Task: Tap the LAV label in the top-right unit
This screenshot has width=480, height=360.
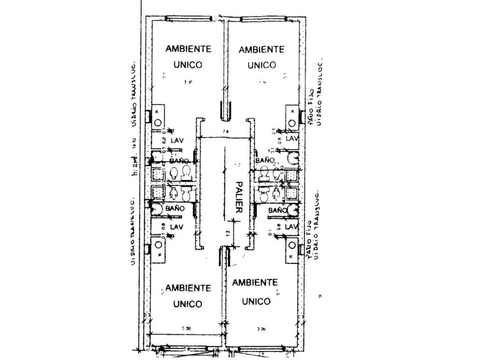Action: [x=292, y=139]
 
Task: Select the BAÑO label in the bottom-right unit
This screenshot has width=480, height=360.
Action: [x=277, y=211]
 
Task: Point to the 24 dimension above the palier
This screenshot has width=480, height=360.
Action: [x=226, y=133]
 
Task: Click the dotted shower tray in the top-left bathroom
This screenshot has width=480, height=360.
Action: [x=157, y=173]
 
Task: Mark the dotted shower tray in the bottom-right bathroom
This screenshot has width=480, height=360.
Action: [x=292, y=194]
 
